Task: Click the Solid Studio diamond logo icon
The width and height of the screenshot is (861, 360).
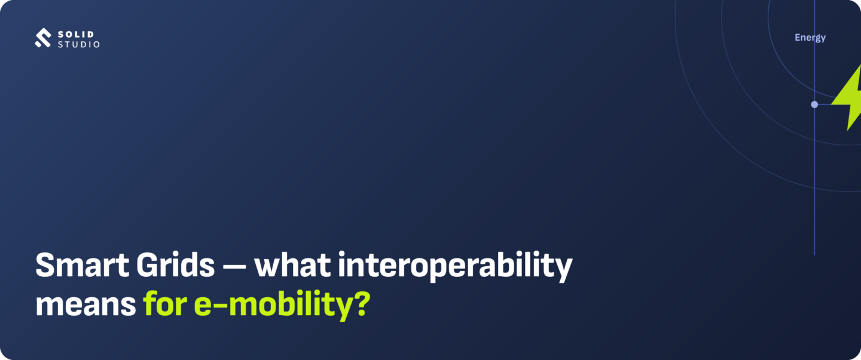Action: (x=42, y=38)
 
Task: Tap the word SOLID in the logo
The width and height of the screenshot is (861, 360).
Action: (x=76, y=34)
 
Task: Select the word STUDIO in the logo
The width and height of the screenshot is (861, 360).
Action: (x=79, y=44)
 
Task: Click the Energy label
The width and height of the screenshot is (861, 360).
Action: (x=810, y=38)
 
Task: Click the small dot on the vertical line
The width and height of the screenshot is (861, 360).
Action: (x=814, y=104)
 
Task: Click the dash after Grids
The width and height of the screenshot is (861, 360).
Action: (x=234, y=266)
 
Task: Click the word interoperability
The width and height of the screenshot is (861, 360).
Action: (x=455, y=267)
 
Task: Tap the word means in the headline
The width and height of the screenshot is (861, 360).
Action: (x=86, y=304)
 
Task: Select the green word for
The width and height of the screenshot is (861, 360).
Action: (x=165, y=303)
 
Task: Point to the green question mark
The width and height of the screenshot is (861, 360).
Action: (x=362, y=303)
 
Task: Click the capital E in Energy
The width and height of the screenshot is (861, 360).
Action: (x=798, y=37)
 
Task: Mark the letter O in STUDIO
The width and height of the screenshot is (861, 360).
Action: (x=96, y=44)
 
